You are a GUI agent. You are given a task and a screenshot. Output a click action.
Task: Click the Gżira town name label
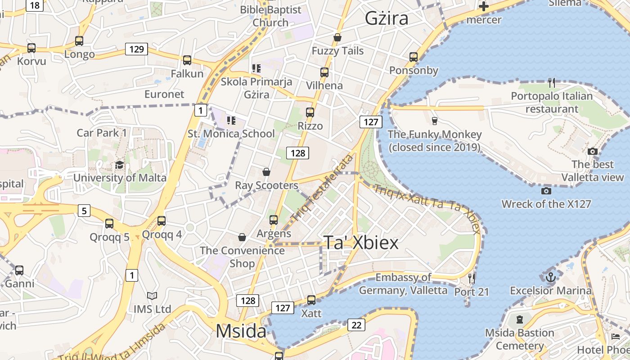point(387,18)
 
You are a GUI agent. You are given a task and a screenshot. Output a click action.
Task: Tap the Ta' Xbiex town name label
point(361,243)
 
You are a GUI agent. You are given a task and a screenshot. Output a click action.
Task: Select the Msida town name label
point(241,331)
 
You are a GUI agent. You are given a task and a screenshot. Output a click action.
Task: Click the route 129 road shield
point(136,49)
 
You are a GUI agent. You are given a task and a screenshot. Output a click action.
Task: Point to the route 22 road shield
point(356,325)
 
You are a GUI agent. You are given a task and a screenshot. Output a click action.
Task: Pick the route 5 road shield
point(84,210)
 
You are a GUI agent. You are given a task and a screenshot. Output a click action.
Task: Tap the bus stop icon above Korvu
point(31,48)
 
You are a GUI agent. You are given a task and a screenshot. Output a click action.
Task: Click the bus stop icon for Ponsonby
point(414,57)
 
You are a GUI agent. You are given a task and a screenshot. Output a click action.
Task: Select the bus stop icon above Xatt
point(311,300)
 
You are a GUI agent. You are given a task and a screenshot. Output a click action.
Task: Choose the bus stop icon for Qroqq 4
point(162,221)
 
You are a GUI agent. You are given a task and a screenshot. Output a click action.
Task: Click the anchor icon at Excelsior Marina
point(550,277)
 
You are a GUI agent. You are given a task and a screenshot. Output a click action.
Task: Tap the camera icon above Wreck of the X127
point(546,191)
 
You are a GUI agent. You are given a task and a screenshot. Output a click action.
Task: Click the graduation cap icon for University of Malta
point(119,165)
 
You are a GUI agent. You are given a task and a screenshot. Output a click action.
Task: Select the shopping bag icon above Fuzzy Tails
point(337,37)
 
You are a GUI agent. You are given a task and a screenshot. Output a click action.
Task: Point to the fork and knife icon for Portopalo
point(552,83)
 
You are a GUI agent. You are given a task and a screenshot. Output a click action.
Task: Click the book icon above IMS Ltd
point(152,296)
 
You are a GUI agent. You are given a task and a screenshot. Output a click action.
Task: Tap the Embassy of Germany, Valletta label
point(403,284)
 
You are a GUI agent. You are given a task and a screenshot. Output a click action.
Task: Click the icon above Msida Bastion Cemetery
point(520,319)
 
